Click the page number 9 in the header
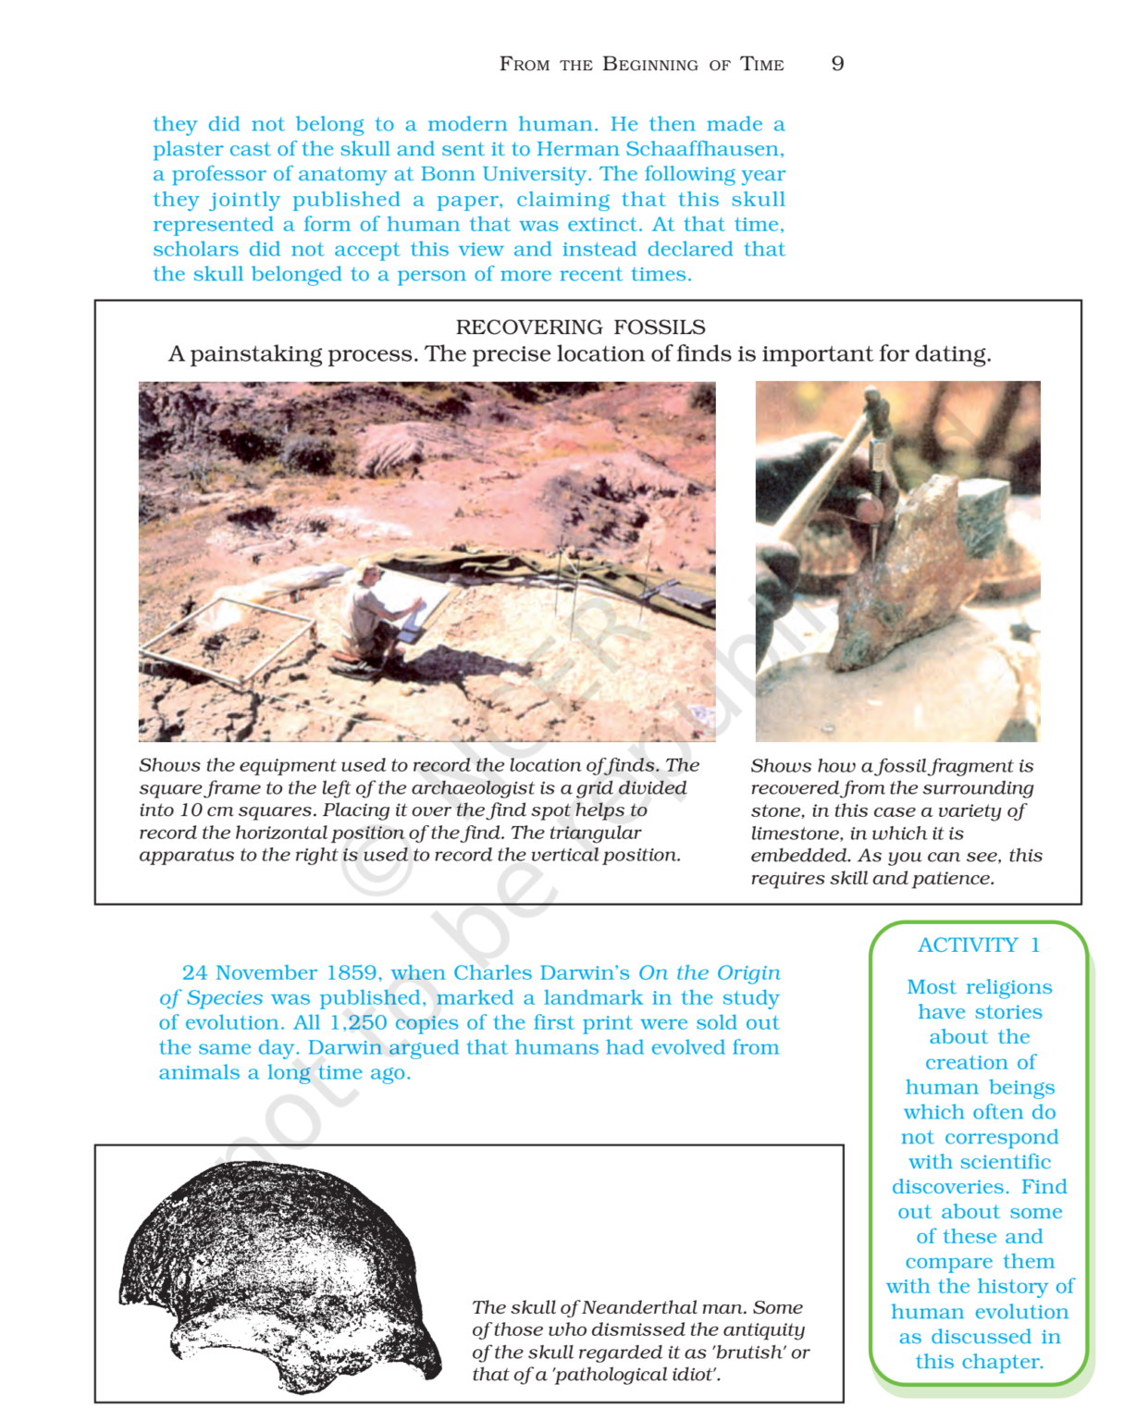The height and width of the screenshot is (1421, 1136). [x=837, y=64]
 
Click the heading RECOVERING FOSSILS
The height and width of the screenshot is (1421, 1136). [x=580, y=327]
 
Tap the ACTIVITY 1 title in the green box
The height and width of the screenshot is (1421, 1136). [x=979, y=945]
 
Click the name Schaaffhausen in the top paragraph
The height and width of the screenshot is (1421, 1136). [x=704, y=149]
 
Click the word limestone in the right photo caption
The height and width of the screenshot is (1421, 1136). [x=793, y=834]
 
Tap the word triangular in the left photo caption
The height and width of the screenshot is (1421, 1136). [x=595, y=833]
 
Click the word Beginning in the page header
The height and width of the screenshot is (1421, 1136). [x=650, y=64]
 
